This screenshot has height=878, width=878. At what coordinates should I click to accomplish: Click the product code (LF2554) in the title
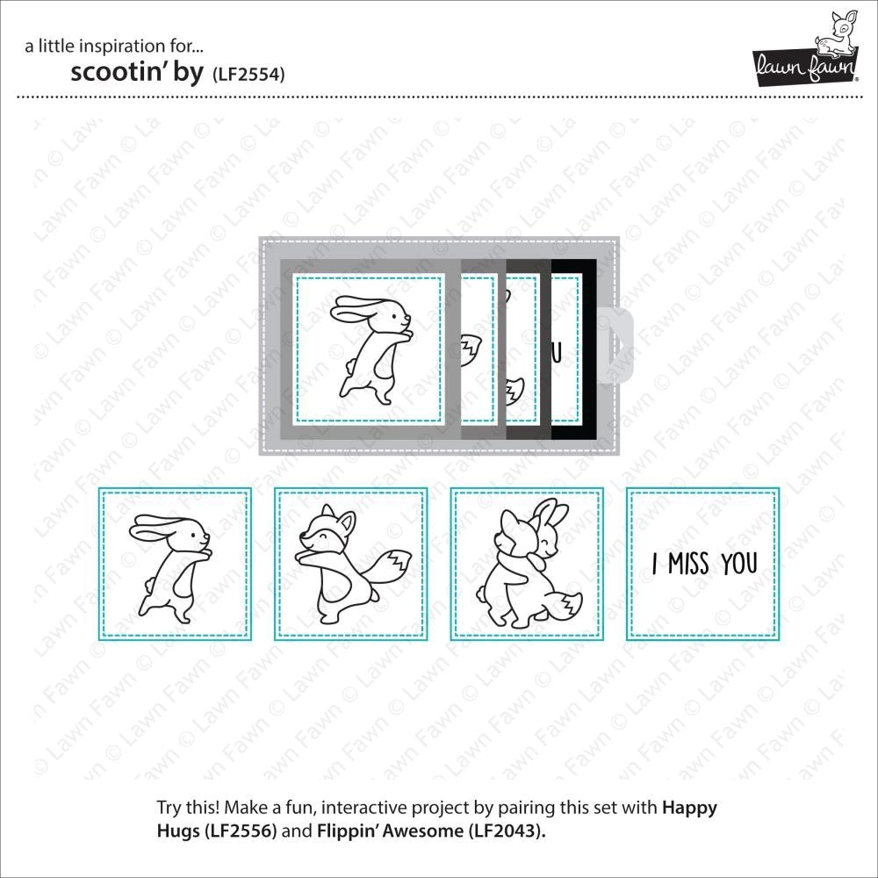[x=248, y=75]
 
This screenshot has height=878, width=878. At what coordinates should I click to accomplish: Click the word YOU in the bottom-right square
[x=739, y=564]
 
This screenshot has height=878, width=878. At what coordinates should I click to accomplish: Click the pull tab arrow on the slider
[x=619, y=345]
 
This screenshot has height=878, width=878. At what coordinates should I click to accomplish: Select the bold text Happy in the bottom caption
[x=689, y=809]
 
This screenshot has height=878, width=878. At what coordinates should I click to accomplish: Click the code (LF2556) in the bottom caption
[x=241, y=831]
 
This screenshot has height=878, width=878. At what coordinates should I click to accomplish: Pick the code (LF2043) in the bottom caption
[x=507, y=831]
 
